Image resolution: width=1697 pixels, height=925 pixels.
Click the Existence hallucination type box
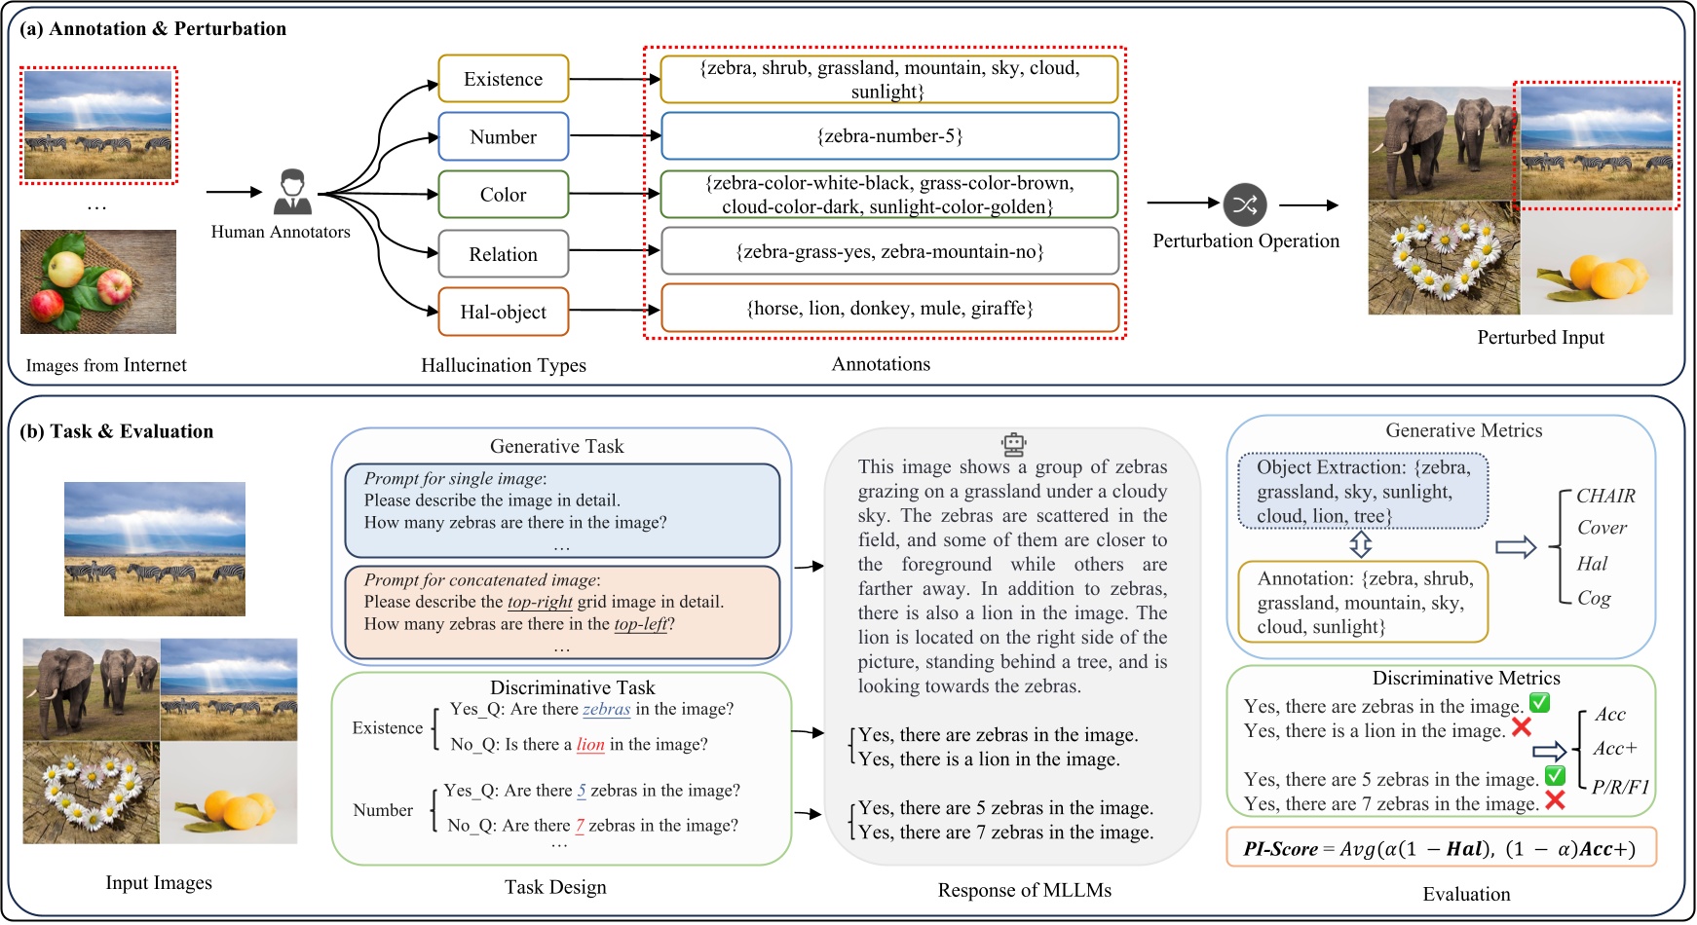click(503, 79)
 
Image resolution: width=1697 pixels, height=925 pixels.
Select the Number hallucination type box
click(503, 136)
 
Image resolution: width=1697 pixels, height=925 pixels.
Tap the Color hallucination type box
click(503, 195)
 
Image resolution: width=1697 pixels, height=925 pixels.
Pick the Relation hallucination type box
click(503, 254)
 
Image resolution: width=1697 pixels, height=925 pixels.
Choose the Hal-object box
click(503, 312)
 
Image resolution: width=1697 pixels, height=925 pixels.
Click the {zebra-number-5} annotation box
click(889, 136)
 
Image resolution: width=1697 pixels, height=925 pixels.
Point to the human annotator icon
click(292, 193)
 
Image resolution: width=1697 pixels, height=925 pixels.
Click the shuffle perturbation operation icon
click(1245, 204)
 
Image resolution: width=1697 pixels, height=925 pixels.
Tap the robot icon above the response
click(1014, 445)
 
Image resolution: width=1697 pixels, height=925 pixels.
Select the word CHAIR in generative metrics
click(1605, 496)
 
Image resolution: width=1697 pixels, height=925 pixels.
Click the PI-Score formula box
click(1441, 848)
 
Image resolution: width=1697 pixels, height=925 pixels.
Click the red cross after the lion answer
click(1521, 727)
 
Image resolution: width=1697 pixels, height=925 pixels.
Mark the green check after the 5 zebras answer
click(1555, 776)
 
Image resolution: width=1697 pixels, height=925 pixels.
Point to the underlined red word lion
click(590, 745)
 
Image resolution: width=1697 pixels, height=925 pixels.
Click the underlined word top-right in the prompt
click(540, 602)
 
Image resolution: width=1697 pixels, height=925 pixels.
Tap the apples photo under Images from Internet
click(98, 282)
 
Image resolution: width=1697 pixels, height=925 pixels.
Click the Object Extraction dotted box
click(1363, 492)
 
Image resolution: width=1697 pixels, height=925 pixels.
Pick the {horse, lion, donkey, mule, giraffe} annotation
click(889, 309)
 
